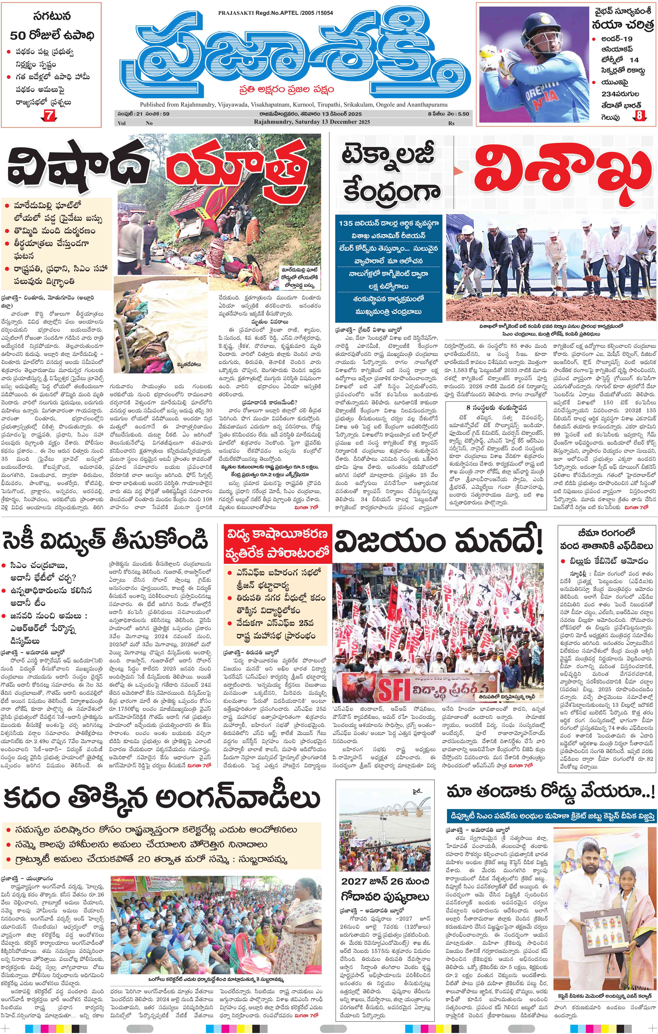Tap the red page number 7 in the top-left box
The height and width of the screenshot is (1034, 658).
(x=51, y=115)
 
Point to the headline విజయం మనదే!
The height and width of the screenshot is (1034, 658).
(x=438, y=542)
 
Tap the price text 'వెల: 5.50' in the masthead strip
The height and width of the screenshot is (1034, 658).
(x=457, y=114)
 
